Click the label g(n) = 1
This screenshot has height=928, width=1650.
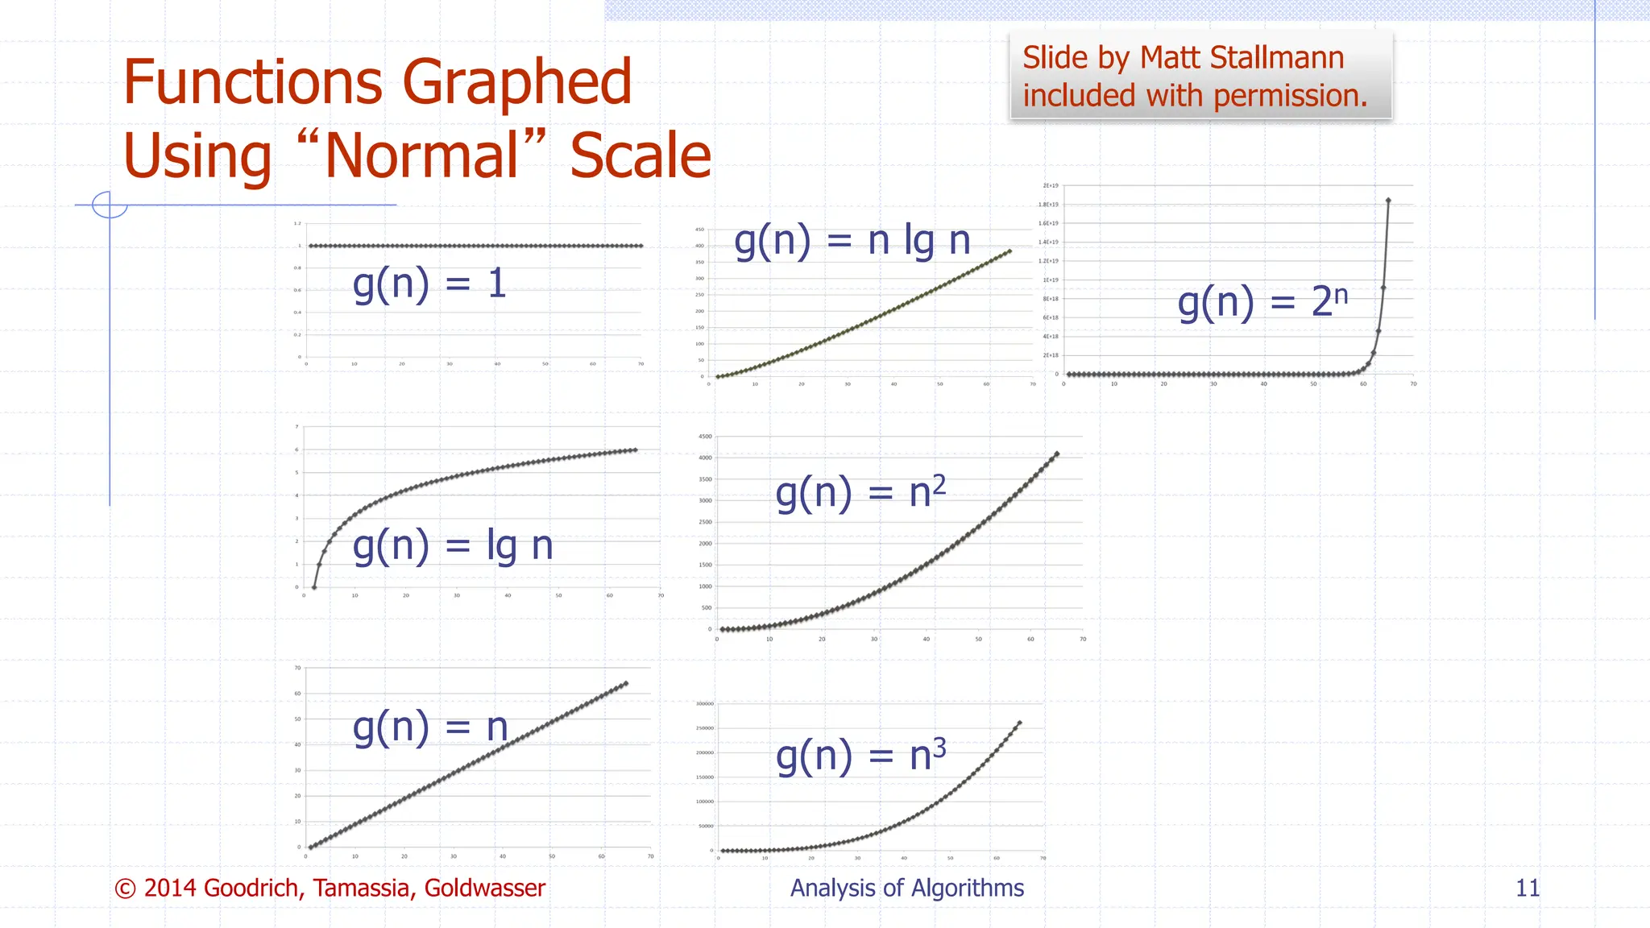tap(429, 284)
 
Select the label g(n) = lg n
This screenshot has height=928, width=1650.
tap(453, 546)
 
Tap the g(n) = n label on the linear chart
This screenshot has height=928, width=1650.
tap(430, 727)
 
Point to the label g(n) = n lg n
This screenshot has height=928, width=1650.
tap(852, 241)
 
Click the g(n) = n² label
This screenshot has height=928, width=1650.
tap(860, 493)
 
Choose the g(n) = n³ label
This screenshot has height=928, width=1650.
tap(860, 756)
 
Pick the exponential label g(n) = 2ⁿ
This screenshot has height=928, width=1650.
tap(1262, 302)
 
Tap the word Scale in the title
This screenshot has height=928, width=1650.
tap(641, 155)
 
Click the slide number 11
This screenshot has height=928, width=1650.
tap(1528, 888)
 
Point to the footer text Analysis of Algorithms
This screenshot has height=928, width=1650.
tap(906, 888)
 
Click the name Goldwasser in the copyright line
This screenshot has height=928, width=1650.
tap(484, 888)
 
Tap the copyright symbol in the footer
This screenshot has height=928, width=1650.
tap(125, 889)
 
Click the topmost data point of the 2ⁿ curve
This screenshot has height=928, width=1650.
tap(1388, 201)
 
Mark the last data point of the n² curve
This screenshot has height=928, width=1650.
tap(1057, 454)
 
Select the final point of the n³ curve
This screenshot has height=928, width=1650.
tap(1020, 723)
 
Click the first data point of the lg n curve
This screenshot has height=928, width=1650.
tap(314, 587)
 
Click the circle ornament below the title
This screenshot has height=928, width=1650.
tap(110, 205)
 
